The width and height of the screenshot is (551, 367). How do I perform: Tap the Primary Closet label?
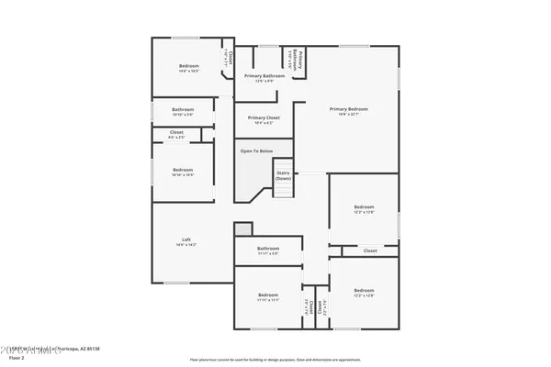point(264,117)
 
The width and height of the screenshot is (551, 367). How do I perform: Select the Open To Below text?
point(256,150)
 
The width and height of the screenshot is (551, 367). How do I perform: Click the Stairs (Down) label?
point(283,174)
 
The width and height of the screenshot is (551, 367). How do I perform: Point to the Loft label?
point(186,240)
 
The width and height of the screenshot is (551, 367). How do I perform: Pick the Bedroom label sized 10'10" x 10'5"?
point(183,170)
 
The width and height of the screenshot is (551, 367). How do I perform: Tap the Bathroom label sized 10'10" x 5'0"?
point(183,110)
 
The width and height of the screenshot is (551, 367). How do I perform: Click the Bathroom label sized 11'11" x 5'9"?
point(268,249)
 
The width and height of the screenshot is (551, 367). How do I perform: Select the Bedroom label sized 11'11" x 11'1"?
point(268,294)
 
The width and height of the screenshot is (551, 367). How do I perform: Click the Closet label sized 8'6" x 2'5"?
point(176,133)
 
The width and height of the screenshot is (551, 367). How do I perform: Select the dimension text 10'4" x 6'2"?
point(264,122)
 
